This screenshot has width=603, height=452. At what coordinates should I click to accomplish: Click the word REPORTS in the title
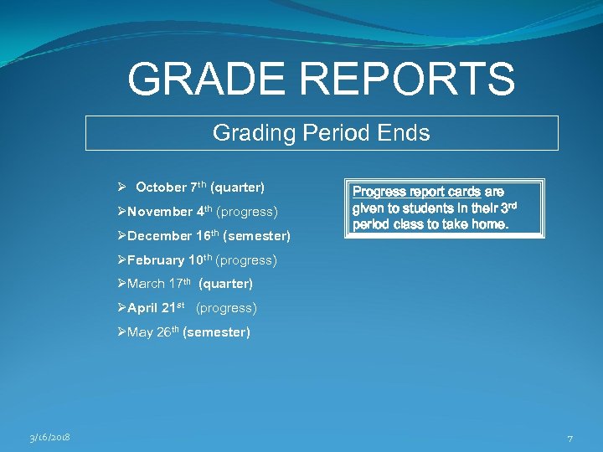(x=408, y=79)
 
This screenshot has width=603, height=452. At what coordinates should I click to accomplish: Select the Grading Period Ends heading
(x=322, y=132)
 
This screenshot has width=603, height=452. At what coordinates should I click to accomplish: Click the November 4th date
(x=169, y=212)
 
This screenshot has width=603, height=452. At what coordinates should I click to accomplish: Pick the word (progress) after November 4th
(x=247, y=212)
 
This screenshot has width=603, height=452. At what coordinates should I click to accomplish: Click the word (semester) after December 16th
(x=259, y=236)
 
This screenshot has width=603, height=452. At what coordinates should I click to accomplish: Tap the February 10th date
(x=170, y=260)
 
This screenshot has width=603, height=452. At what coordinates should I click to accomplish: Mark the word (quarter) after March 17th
(x=225, y=284)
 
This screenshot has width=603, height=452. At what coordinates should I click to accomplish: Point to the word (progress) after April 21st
(x=226, y=308)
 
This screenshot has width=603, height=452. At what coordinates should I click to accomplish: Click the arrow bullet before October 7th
(x=122, y=187)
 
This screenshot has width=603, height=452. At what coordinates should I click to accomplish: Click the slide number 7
(x=569, y=438)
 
